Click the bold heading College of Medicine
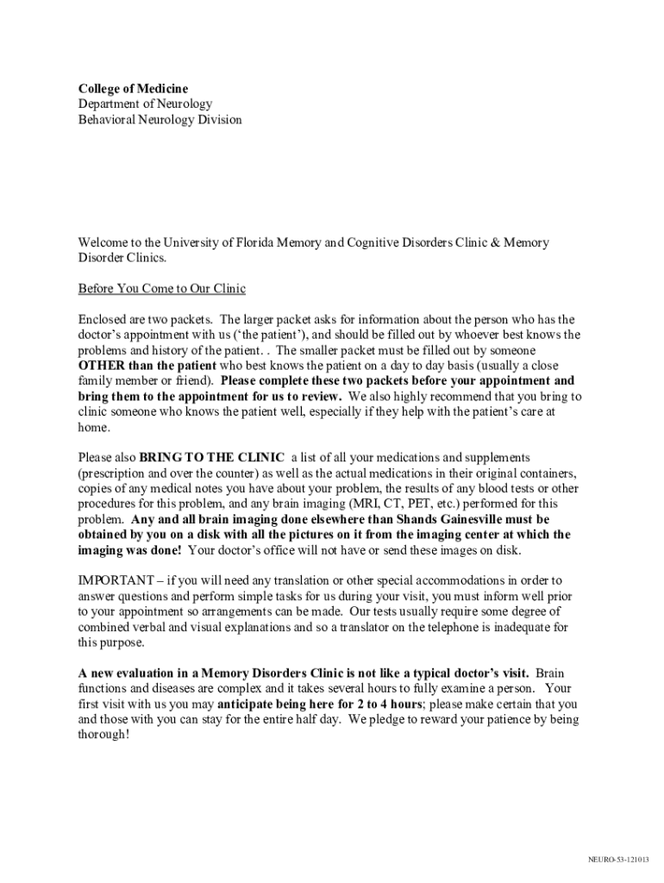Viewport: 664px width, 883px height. tap(133, 89)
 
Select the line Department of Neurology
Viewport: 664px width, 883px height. tap(145, 104)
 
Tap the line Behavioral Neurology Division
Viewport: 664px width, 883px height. tap(160, 120)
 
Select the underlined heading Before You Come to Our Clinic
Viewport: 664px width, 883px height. tap(162, 288)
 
